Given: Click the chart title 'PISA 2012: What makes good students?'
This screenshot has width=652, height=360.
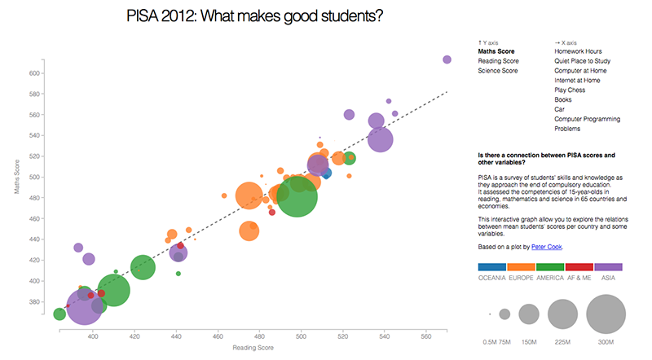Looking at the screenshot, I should click(x=256, y=15).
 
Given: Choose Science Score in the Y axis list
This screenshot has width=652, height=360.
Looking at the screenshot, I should click(x=497, y=71).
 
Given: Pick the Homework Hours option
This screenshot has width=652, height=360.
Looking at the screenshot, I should click(x=578, y=51).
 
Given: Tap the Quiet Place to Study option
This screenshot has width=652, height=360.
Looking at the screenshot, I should click(x=582, y=61).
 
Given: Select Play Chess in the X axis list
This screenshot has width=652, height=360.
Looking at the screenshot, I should click(x=569, y=90).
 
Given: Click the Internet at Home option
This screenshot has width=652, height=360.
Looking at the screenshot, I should click(x=576, y=81).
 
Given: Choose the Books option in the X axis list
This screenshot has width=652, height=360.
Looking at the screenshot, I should click(x=563, y=99).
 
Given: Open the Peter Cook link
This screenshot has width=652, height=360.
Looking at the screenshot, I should click(x=546, y=247).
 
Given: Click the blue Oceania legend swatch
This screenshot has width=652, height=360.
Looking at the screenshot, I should click(x=491, y=266).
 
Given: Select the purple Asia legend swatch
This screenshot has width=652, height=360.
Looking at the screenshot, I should click(x=609, y=266).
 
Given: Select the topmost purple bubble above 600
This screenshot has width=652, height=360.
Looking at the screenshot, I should click(x=447, y=59).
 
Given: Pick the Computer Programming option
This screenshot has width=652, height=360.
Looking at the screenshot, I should click(x=587, y=119).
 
